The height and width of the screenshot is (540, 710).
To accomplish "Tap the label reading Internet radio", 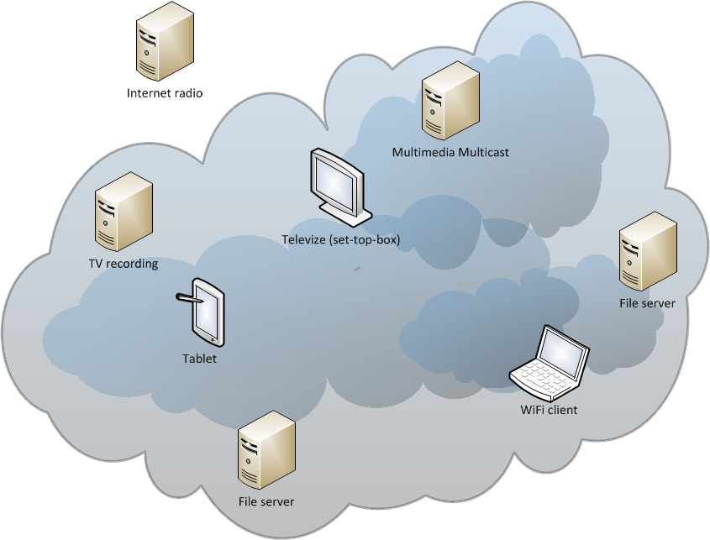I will (x=165, y=93).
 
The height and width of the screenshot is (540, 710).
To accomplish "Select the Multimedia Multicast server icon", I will (x=450, y=103).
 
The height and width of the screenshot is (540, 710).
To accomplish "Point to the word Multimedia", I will (x=423, y=153).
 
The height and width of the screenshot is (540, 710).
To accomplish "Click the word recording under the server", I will (x=134, y=264).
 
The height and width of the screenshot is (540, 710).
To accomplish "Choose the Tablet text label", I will (x=199, y=359).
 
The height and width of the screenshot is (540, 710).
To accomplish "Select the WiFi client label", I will (x=550, y=411).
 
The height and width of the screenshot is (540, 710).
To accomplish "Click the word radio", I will (x=187, y=93).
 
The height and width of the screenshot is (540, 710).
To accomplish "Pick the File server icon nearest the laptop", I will (x=647, y=252).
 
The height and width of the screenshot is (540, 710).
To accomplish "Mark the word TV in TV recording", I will (x=96, y=264).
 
